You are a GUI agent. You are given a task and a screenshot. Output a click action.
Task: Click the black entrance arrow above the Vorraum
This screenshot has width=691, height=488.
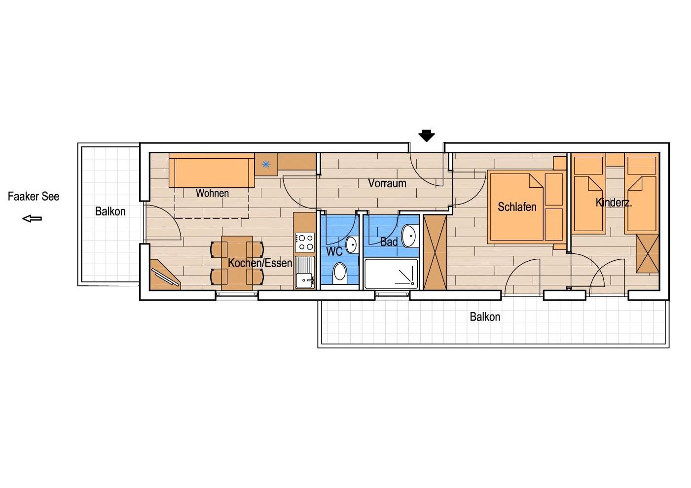[x=426, y=136]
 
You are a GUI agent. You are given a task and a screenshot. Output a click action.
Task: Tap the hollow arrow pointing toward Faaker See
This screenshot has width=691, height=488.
[x=32, y=218]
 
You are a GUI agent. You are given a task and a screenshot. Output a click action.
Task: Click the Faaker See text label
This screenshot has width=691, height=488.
[x=34, y=196]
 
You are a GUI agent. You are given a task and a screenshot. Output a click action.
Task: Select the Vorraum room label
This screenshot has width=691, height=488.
[x=387, y=183]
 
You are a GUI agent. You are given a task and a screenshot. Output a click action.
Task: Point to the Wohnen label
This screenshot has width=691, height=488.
[x=212, y=193]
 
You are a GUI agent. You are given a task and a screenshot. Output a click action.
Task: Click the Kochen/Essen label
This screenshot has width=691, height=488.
[x=260, y=263]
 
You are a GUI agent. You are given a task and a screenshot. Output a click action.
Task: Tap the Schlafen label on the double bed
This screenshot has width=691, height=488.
[x=517, y=207]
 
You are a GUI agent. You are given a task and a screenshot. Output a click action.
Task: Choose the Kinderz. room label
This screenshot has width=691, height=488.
[x=614, y=203]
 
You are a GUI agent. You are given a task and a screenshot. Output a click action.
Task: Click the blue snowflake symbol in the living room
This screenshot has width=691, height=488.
[x=266, y=165]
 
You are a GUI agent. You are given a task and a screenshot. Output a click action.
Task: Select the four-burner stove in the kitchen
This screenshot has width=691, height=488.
[x=305, y=243]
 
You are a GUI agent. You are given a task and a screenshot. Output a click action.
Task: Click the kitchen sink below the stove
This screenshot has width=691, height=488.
[x=305, y=272]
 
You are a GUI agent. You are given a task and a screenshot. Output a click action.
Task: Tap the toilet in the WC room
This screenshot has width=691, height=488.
[x=340, y=273]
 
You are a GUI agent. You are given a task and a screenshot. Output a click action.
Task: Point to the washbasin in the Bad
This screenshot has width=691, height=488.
[x=410, y=236]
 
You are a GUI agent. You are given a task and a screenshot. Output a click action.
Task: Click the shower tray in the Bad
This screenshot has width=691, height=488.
[x=391, y=274]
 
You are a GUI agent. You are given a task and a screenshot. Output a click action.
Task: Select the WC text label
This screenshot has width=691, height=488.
[x=334, y=251]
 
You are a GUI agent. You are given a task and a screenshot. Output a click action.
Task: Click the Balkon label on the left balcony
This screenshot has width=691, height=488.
[x=110, y=211]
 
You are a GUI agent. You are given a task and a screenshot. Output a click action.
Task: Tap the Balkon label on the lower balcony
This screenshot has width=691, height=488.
[x=485, y=317]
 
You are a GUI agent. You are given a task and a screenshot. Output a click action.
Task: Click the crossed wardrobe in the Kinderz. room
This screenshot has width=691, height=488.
[x=648, y=253]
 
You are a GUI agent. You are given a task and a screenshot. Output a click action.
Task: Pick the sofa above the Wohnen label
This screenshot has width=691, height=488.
[x=212, y=171]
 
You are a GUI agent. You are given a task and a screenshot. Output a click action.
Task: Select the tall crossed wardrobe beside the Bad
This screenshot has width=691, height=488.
[x=435, y=252]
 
